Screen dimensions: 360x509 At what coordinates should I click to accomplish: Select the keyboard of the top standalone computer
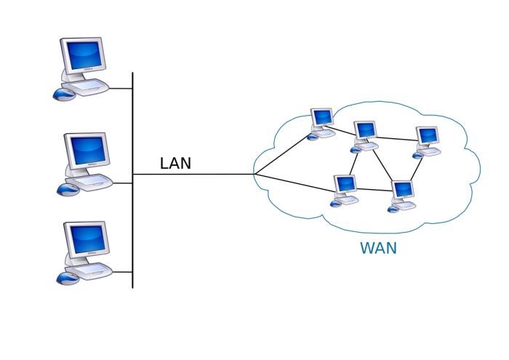(x=89, y=87)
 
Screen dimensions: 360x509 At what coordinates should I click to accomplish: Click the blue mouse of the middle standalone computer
(x=68, y=189)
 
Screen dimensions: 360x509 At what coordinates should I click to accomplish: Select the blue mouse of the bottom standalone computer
(x=68, y=278)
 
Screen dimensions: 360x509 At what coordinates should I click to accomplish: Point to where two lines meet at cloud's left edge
(x=254, y=174)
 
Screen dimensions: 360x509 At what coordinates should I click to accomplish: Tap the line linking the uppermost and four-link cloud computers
(x=342, y=132)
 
